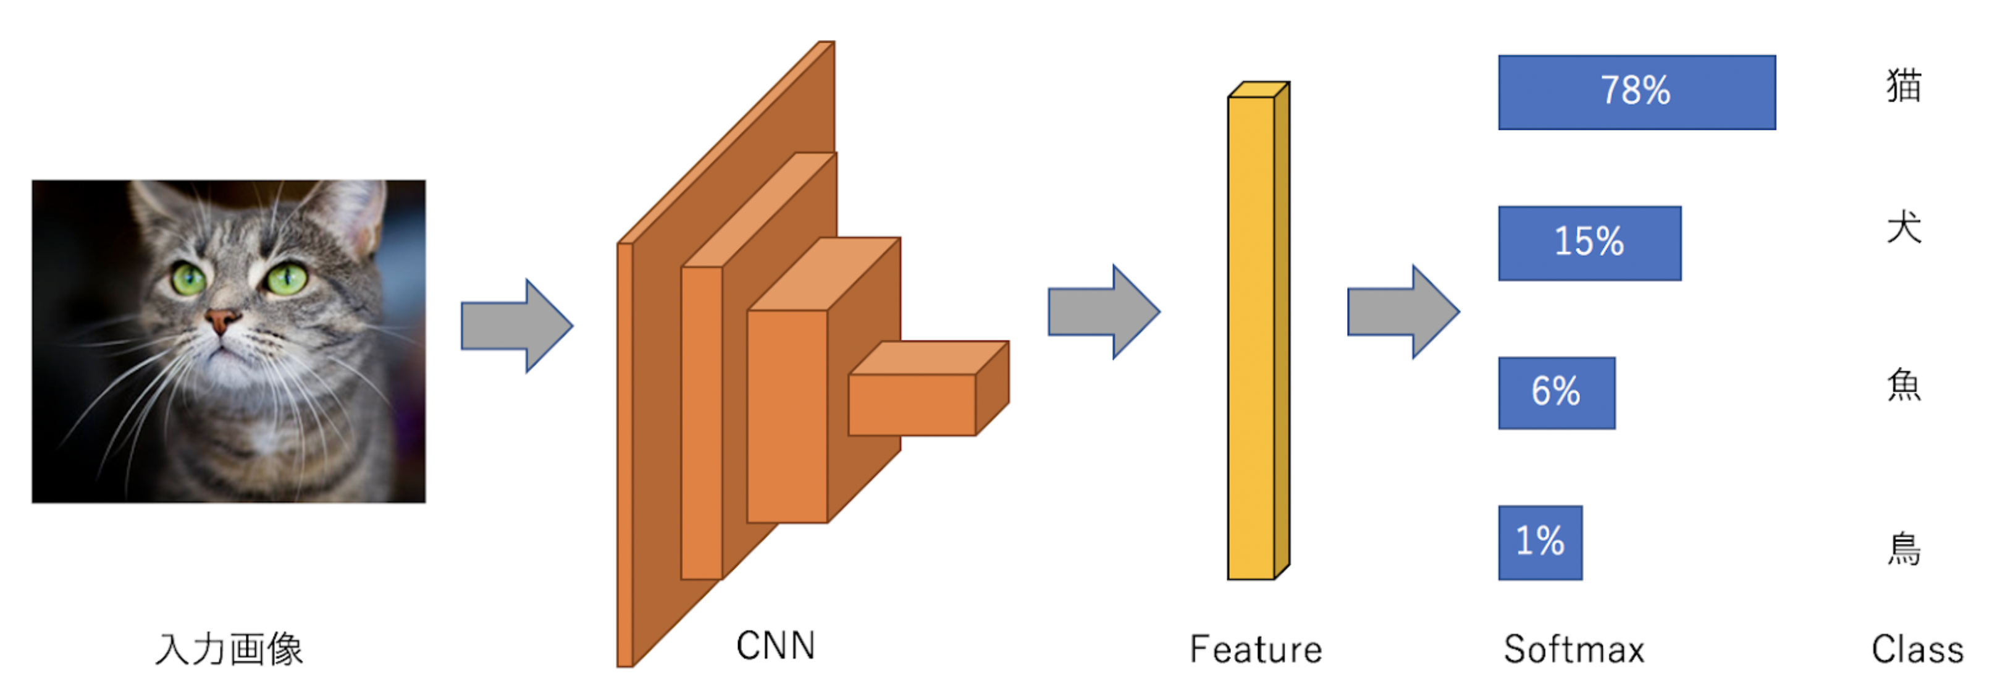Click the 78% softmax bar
click(x=1636, y=92)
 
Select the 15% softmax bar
click(x=1589, y=242)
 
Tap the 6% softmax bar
click(x=1556, y=392)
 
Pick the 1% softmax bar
click(x=1540, y=541)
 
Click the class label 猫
click(x=1904, y=85)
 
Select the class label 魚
click(x=1904, y=385)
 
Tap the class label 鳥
click(x=1904, y=549)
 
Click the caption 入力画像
click(x=229, y=648)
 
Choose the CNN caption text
click(x=775, y=645)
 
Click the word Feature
click(x=1256, y=649)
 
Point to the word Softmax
click(x=1573, y=649)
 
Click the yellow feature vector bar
click(x=1251, y=337)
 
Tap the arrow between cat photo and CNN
click(x=516, y=325)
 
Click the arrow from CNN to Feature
click(x=1103, y=311)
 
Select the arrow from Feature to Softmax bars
click(x=1403, y=311)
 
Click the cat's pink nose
click(x=222, y=318)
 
